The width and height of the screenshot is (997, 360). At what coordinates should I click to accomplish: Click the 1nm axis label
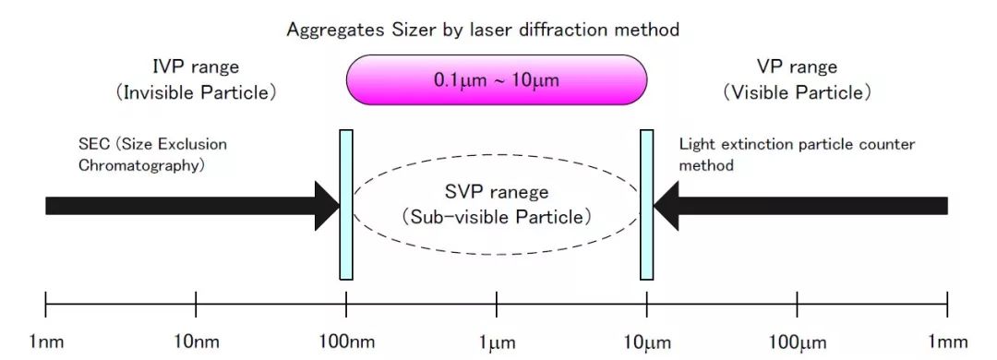click(x=46, y=342)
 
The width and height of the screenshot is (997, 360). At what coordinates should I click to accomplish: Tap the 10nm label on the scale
click(x=197, y=342)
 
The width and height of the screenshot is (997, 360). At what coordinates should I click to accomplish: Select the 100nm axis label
click(x=346, y=342)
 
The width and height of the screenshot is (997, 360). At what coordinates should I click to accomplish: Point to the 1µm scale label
click(x=497, y=342)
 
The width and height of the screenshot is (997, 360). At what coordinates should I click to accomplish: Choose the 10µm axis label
click(x=647, y=342)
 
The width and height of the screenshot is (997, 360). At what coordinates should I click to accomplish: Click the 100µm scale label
click(x=798, y=342)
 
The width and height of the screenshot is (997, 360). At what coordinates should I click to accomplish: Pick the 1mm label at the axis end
click(x=948, y=342)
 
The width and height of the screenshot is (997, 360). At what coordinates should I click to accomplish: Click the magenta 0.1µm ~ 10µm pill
click(x=497, y=79)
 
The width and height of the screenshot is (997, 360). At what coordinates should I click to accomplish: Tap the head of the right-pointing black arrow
click(x=328, y=206)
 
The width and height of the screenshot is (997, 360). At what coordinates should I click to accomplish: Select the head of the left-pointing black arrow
click(x=666, y=206)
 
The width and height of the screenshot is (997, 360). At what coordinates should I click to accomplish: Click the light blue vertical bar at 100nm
click(x=346, y=205)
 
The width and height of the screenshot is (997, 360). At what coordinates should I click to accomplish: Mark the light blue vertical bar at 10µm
click(x=646, y=205)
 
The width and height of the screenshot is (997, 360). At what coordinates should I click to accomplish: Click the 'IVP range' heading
click(x=196, y=67)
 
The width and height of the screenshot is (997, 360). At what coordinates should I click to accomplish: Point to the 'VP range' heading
click(x=797, y=67)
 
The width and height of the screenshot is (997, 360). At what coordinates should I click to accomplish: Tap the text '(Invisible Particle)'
click(x=196, y=93)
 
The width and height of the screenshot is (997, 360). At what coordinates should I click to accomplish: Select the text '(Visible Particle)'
click(x=797, y=93)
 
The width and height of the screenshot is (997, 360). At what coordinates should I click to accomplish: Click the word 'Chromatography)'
click(x=140, y=166)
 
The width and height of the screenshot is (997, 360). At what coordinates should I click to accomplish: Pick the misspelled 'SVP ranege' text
click(x=497, y=191)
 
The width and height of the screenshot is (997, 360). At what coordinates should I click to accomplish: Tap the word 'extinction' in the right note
click(x=754, y=144)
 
